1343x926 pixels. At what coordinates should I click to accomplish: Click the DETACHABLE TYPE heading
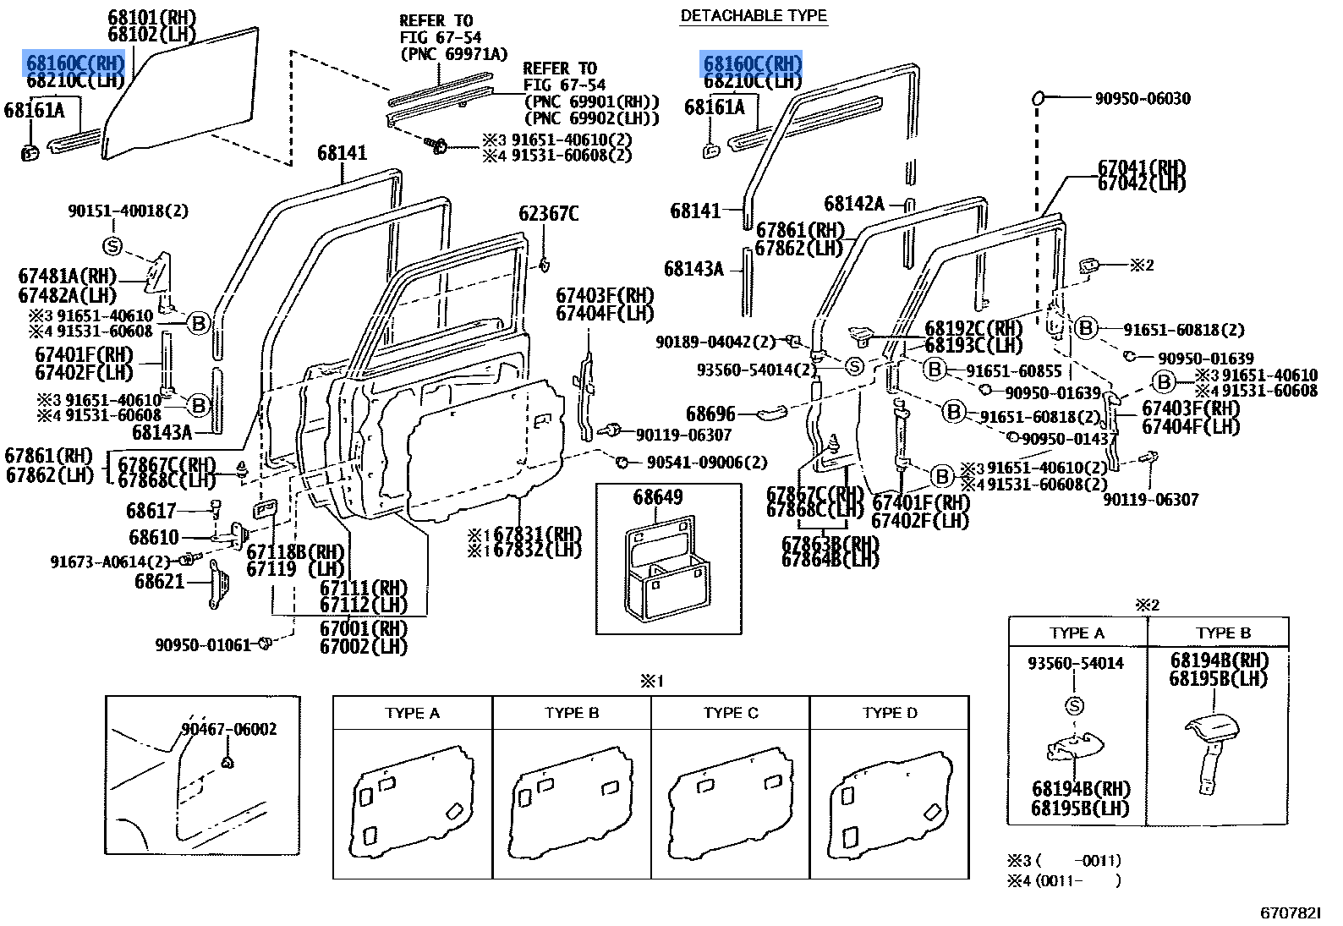pyautogui.click(x=754, y=15)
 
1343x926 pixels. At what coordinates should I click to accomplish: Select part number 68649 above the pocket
pyautogui.click(x=657, y=497)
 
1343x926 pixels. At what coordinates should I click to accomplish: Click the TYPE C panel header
pyautogui.click(x=731, y=713)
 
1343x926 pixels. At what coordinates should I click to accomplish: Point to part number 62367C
pyautogui.click(x=549, y=214)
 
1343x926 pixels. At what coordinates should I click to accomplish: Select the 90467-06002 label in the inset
pyautogui.click(x=228, y=729)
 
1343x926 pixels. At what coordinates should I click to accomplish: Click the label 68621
pyautogui.click(x=159, y=581)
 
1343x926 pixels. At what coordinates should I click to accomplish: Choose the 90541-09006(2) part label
pyautogui.click(x=707, y=463)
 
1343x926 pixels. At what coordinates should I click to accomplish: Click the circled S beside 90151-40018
pyautogui.click(x=112, y=247)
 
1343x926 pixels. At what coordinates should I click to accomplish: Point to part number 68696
pyautogui.click(x=710, y=414)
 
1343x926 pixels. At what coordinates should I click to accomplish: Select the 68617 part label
pyautogui.click(x=151, y=511)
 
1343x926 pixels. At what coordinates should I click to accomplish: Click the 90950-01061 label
pyautogui.click(x=203, y=645)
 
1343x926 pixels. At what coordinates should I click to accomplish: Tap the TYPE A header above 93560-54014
pyautogui.click(x=1077, y=633)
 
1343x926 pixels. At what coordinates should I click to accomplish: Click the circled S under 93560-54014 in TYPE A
pyautogui.click(x=1075, y=706)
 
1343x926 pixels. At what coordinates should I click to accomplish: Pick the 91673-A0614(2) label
pyautogui.click(x=110, y=562)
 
